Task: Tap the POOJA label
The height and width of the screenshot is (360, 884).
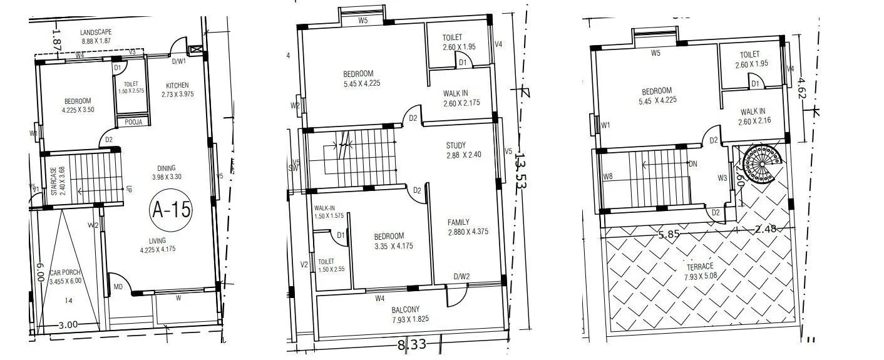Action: click(x=133, y=122)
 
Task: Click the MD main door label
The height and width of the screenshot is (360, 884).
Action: click(x=118, y=287)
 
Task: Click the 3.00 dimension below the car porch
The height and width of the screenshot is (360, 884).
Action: click(x=68, y=324)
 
